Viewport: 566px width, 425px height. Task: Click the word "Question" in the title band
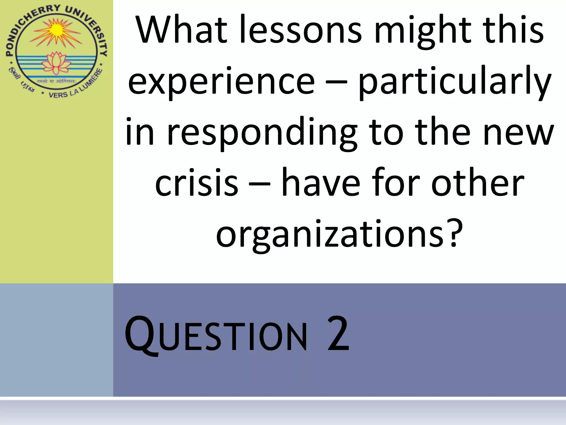coord(216,335)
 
